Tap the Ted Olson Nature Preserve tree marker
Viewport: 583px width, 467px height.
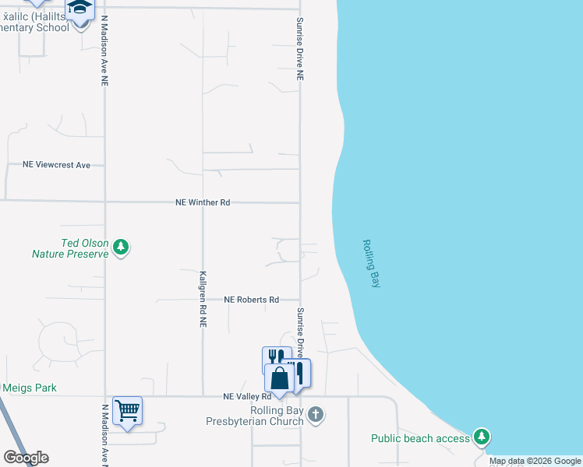click(120, 248)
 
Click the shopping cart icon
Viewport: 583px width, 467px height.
click(127, 409)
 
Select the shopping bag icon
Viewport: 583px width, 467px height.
click(280, 378)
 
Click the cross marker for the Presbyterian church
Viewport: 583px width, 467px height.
click(315, 414)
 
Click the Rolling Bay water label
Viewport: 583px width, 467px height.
click(371, 264)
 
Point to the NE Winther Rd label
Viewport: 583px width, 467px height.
click(203, 202)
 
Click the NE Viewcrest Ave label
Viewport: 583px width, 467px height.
click(57, 165)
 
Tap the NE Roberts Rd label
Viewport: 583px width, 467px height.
click(252, 300)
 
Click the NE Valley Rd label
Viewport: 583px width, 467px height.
click(252, 397)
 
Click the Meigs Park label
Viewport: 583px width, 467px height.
click(30, 388)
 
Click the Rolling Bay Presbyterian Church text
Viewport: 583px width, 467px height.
click(265, 416)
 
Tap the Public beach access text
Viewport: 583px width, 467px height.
click(420, 439)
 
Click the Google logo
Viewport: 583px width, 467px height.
click(26, 458)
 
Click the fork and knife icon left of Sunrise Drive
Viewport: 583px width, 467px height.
click(277, 357)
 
